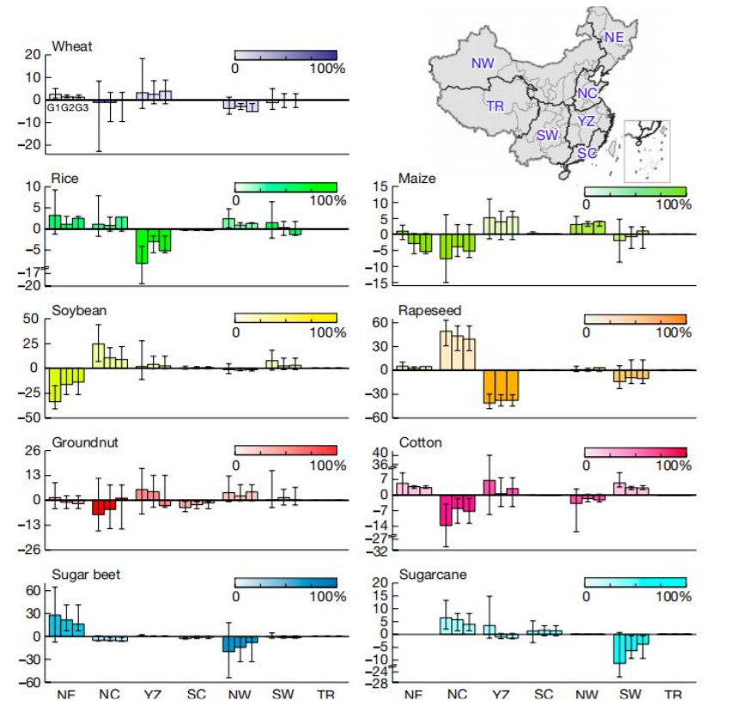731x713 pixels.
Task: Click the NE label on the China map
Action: pos(613,37)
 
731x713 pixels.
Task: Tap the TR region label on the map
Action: pos(495,107)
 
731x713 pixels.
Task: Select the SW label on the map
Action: pos(547,135)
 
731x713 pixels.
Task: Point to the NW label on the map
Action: pos(483,63)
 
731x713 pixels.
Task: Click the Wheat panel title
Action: pos(72,46)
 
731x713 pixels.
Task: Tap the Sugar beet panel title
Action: pos(86,575)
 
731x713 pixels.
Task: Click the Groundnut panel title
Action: pos(84,442)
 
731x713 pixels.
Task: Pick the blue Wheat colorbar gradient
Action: pos(285,55)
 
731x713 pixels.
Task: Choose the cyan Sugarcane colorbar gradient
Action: pos(635,582)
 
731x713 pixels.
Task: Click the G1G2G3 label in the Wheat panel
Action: pos(68,108)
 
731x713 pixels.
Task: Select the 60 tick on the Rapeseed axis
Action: pos(381,322)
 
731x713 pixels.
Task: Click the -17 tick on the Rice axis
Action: pos(31,271)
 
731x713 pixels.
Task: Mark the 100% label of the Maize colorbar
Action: pos(673,204)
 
